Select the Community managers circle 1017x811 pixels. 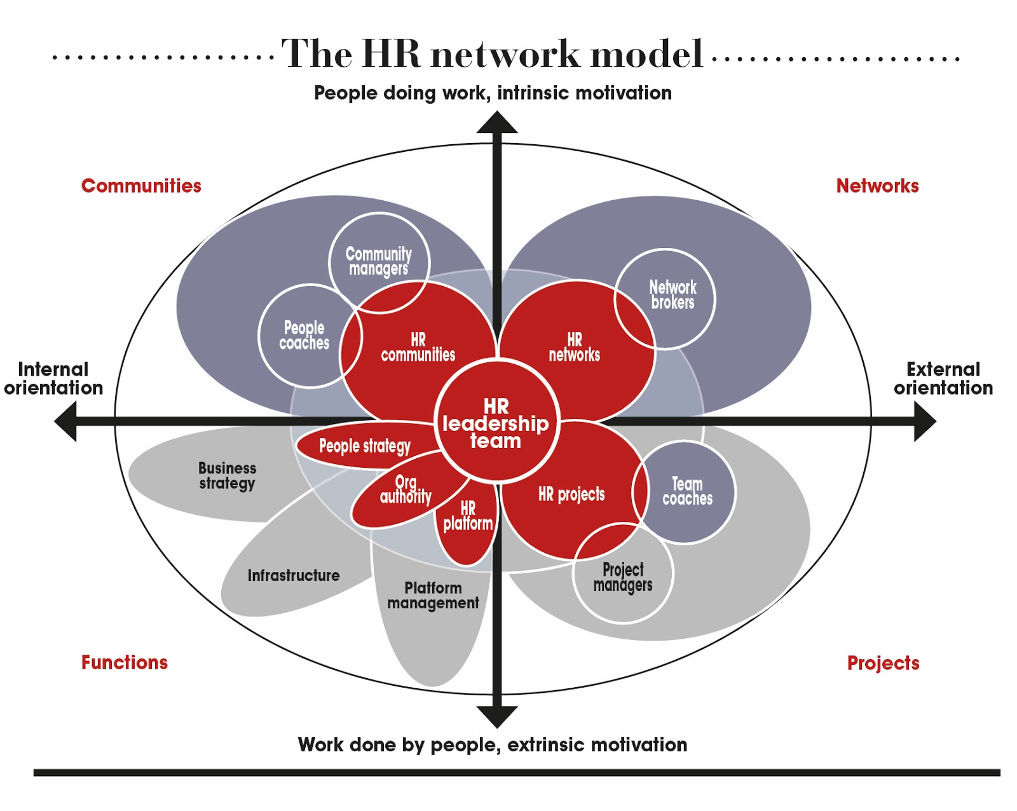pos(379,261)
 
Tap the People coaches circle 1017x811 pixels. pos(305,336)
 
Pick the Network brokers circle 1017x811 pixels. pos(672,295)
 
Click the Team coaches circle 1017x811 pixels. pos(688,492)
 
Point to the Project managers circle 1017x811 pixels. pos(623,577)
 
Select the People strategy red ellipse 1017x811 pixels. pos(364,446)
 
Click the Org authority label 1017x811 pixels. pos(406,489)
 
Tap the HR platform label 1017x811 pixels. pos(468,516)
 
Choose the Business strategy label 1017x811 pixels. pos(227,475)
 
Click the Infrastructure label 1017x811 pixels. pos(293,575)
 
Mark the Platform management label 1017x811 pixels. pos(433,596)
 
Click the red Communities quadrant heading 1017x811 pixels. pos(141,186)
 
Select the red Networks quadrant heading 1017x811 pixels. pos(877,186)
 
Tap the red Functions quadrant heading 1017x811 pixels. pos(125,662)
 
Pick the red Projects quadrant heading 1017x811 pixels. pos(883,663)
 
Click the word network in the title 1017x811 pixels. pos(505,54)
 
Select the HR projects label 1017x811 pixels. pos(571,494)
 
